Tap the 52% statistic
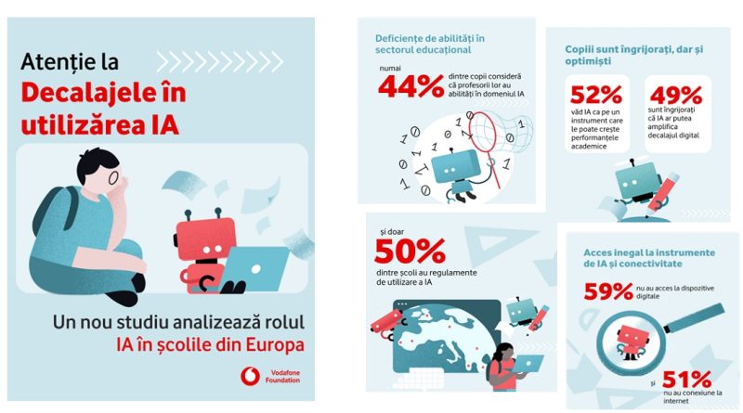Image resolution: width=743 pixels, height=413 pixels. pos(595,97)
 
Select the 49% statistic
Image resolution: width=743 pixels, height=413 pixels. pos(675,97)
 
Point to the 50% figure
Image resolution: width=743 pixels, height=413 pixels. pos(410,252)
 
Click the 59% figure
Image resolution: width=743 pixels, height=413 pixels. pos(609,291)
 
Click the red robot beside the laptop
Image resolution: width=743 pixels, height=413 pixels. pos(203,244)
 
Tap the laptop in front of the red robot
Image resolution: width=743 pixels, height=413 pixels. pos(255,268)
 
